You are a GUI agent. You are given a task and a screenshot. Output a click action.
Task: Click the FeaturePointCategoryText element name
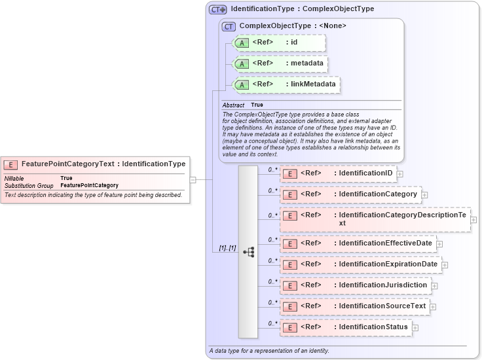[68, 164]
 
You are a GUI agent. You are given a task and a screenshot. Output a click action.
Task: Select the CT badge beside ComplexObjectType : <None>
[229, 26]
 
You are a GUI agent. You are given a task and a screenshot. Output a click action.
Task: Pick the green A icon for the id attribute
[242, 43]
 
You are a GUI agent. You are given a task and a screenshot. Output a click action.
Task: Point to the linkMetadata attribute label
[313, 84]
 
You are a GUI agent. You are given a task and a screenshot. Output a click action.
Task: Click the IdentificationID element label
[365, 173]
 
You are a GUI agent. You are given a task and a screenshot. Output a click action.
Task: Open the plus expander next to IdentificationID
[399, 174]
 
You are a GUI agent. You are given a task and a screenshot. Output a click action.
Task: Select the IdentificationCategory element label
[378, 194]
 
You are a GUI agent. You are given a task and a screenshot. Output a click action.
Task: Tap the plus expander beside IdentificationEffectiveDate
[439, 243]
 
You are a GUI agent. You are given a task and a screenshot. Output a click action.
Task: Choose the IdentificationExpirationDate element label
[388, 264]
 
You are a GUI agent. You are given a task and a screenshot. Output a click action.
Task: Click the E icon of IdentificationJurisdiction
[290, 285]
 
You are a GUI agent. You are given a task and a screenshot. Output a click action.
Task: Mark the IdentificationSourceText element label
[382, 306]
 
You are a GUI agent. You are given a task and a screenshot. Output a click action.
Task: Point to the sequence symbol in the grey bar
[248, 252]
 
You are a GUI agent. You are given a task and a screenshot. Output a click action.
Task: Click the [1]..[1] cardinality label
[227, 248]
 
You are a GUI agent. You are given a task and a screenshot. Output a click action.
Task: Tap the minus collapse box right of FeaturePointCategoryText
[193, 179]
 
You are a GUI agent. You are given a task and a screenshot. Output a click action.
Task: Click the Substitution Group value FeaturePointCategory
[89, 186]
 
